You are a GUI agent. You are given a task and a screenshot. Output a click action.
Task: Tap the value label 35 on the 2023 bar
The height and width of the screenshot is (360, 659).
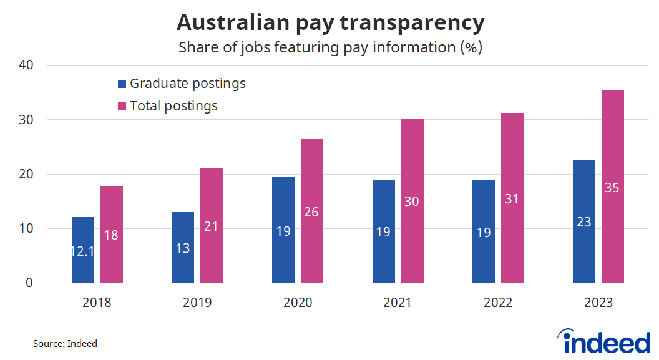[x=612, y=187]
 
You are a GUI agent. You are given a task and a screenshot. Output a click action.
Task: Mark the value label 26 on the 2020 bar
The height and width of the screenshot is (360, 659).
[x=311, y=212]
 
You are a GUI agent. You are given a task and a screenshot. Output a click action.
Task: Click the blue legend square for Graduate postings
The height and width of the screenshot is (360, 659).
[x=122, y=84]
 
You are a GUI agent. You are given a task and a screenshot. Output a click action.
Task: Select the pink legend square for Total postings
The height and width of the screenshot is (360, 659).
[x=122, y=106]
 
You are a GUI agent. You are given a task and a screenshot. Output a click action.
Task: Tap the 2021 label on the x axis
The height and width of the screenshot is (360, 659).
[x=398, y=303]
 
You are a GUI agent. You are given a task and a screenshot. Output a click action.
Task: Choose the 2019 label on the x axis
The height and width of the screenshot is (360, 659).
[x=197, y=303]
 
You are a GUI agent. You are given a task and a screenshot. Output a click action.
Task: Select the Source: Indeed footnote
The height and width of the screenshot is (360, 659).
[x=66, y=343]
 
